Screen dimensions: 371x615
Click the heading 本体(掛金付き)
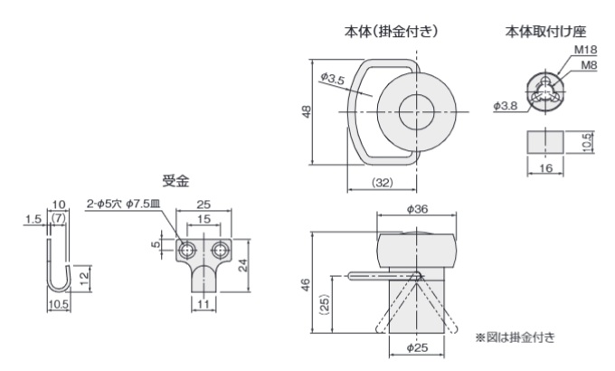pyautogui.click(x=392, y=31)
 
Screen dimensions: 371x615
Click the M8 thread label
pyautogui.click(x=587, y=65)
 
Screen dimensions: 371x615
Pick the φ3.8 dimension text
pyautogui.click(x=506, y=106)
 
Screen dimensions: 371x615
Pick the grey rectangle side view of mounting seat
pyautogui.click(x=544, y=141)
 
